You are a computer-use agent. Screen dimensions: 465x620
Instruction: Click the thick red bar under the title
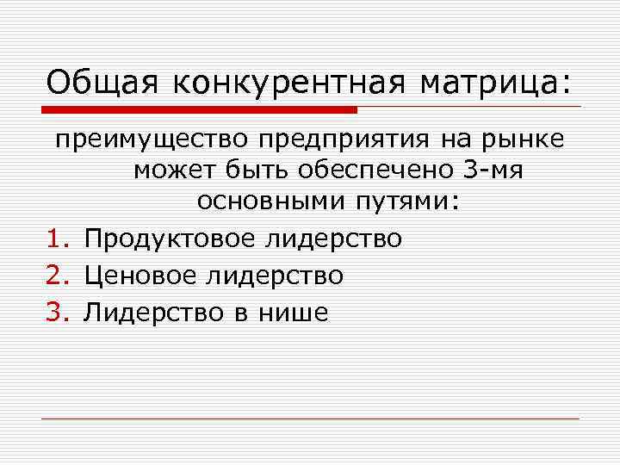pos(199,110)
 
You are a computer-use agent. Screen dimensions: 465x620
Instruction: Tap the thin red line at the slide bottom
pos(310,419)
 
